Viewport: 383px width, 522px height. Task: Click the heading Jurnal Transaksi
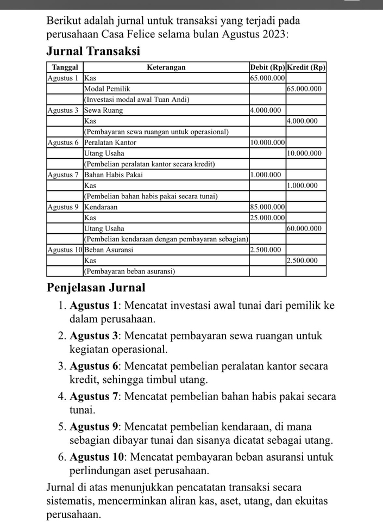coord(93,51)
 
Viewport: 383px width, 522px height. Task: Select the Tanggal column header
coord(65,67)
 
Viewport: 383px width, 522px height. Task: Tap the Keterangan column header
coord(166,67)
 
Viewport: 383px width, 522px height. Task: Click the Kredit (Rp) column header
coord(306,67)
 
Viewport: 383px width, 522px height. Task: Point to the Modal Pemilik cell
coord(108,89)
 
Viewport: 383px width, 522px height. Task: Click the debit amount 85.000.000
coord(267,207)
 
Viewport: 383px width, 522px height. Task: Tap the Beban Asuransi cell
coord(109,250)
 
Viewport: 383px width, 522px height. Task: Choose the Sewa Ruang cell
coord(103,110)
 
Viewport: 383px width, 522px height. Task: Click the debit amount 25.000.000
coord(267,218)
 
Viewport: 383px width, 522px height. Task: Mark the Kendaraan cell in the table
coord(101,207)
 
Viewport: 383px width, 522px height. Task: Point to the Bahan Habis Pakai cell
coord(114,175)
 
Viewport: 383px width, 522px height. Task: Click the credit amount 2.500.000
coord(303,260)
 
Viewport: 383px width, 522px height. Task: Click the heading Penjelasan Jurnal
coord(96,287)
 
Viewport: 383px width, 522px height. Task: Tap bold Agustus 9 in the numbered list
coord(94,427)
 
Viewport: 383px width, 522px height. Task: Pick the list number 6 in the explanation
coord(61,457)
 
